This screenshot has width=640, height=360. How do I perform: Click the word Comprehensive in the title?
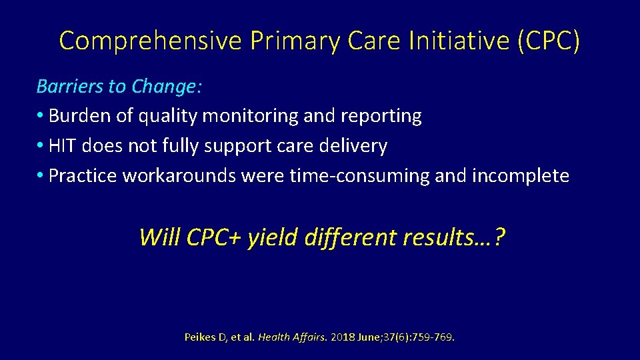point(150,41)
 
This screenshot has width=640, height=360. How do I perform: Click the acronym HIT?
point(63,146)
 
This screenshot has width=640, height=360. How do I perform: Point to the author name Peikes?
point(200,337)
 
